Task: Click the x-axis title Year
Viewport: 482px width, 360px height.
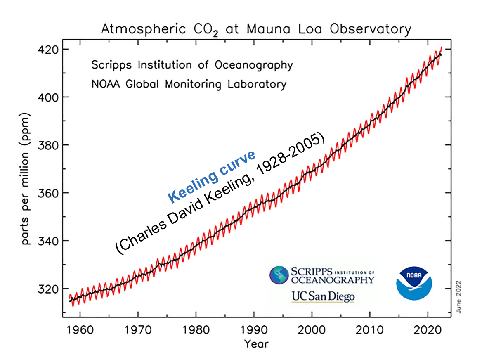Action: tap(256, 343)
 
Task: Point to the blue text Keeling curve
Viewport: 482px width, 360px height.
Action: tap(211, 176)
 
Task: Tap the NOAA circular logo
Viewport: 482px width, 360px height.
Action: tap(414, 283)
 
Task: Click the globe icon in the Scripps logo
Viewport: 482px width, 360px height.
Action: tap(279, 275)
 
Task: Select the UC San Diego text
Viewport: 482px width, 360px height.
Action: tap(323, 296)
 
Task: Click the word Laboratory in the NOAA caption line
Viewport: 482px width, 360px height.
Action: tap(257, 84)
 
